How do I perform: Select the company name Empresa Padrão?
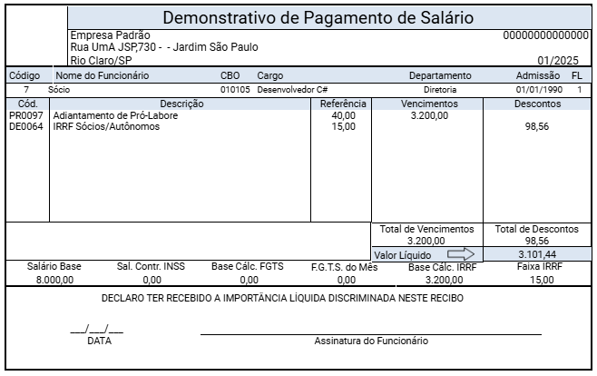pyautogui.click(x=112, y=35)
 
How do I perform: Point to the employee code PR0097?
pyautogui.click(x=26, y=115)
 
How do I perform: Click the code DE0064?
pyautogui.click(x=26, y=126)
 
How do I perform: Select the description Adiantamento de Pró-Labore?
pyautogui.click(x=115, y=115)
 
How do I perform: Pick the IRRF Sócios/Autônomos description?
pyautogui.click(x=106, y=126)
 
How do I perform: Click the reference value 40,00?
pyautogui.click(x=344, y=115)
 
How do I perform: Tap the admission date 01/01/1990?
pyautogui.click(x=538, y=91)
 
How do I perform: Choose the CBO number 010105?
pyautogui.click(x=236, y=91)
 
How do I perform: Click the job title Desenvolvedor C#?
pyautogui.click(x=291, y=91)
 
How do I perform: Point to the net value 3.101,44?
pyautogui.click(x=537, y=254)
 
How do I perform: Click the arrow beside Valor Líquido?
pyautogui.click(x=461, y=254)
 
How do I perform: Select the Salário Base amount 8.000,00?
pyautogui.click(x=54, y=281)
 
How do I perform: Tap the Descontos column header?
pyautogui.click(x=537, y=104)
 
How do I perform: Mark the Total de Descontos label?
pyautogui.click(x=537, y=229)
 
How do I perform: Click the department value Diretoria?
pyautogui.click(x=441, y=91)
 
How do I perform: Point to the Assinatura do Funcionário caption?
pyautogui.click(x=371, y=341)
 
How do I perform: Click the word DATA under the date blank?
pyautogui.click(x=99, y=341)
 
